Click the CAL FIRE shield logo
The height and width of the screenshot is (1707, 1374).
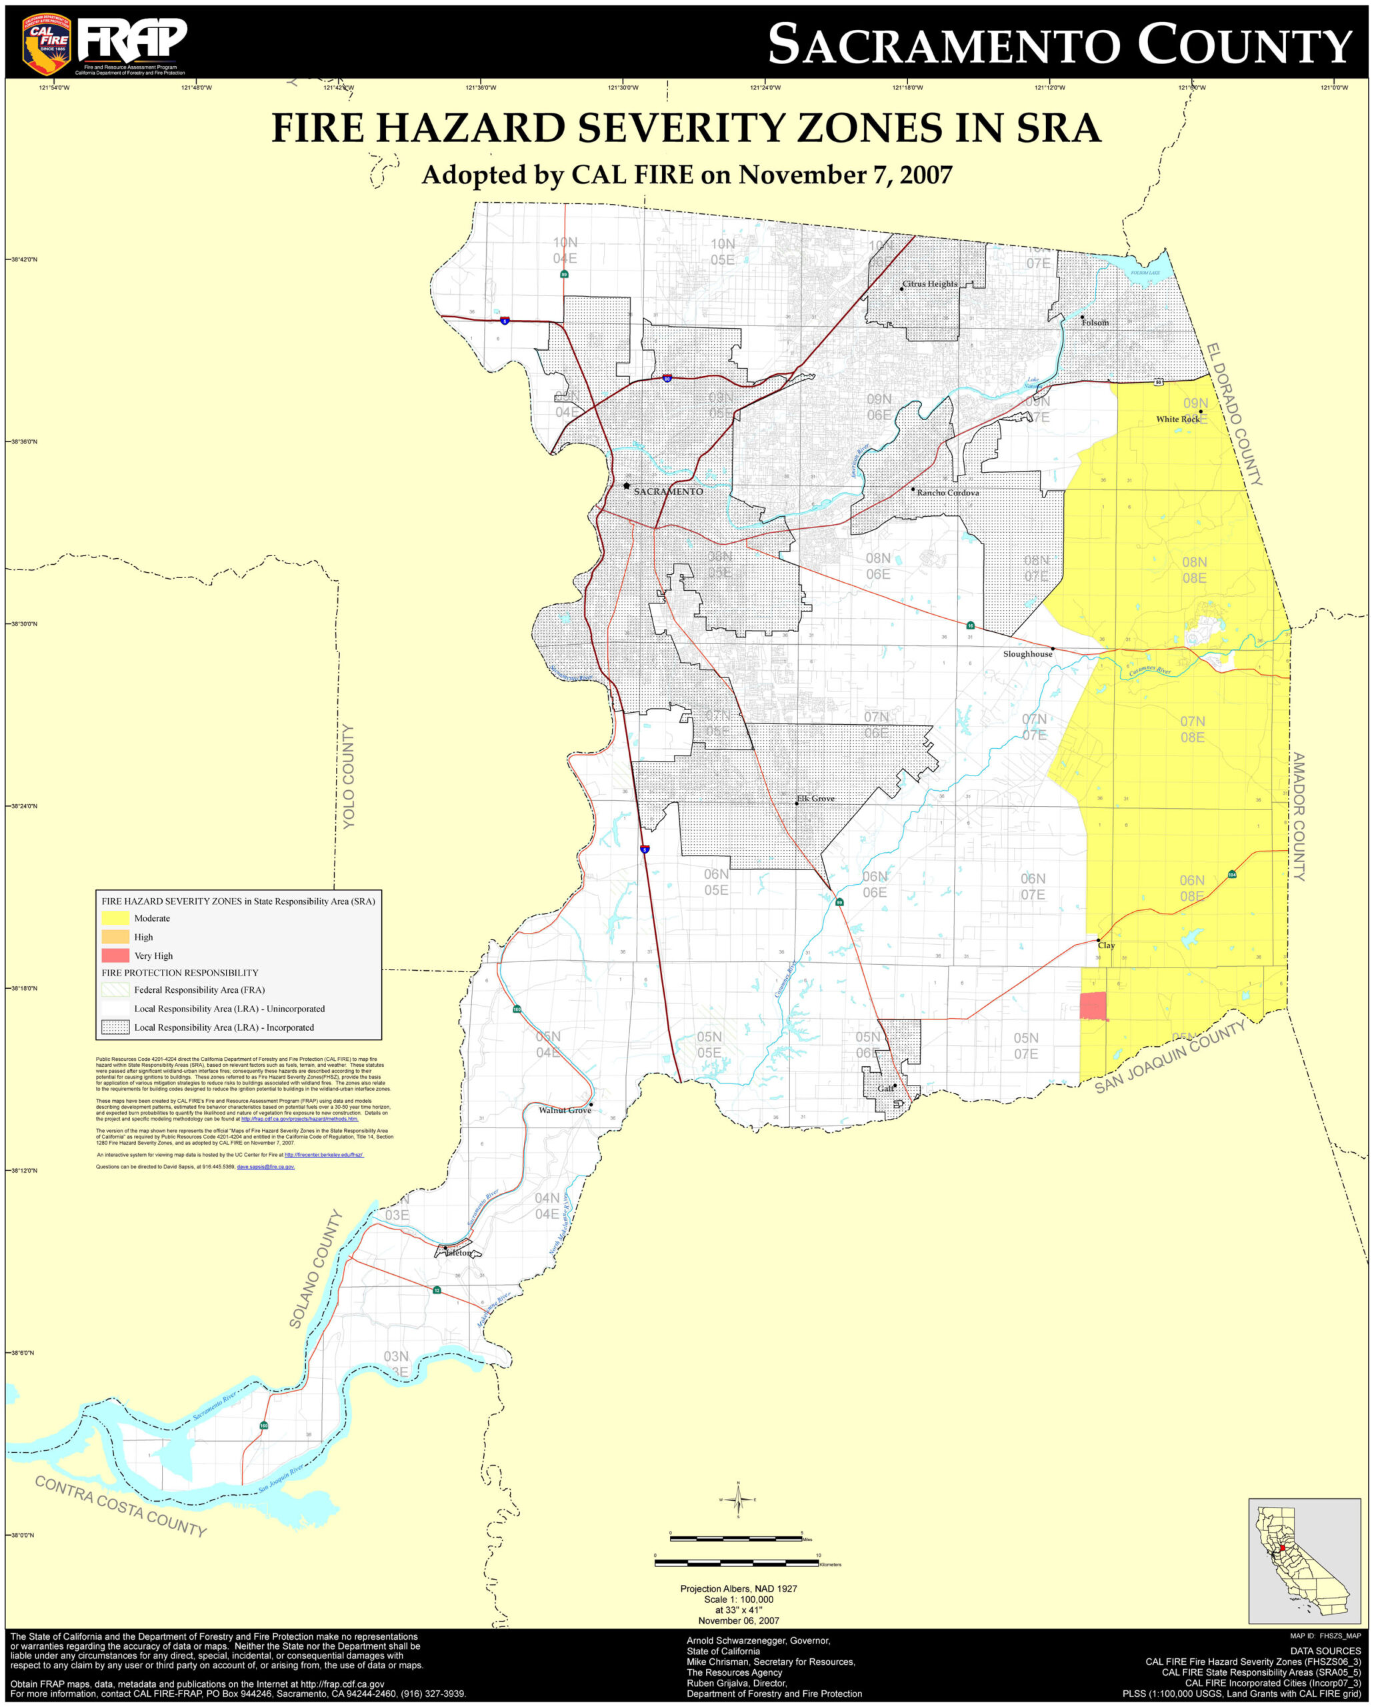pos(47,43)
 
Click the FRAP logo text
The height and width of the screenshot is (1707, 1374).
pos(133,39)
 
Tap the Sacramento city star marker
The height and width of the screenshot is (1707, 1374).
pos(626,485)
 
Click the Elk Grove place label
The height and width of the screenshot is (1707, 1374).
pos(816,798)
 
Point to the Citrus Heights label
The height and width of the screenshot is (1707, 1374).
pos(930,283)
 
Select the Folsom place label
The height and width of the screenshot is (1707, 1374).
pos(1095,322)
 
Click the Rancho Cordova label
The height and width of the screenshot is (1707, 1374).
pos(947,493)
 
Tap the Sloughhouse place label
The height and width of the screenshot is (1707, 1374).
pos(1027,653)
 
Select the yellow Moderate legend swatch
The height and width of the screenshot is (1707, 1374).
pos(115,918)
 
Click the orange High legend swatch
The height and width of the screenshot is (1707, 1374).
pos(115,937)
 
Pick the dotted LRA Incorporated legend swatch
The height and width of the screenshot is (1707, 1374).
pos(115,1027)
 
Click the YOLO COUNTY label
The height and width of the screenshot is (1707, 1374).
pos(348,776)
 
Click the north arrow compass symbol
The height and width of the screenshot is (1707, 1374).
pos(737,1499)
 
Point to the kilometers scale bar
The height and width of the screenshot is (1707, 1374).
pos(736,1563)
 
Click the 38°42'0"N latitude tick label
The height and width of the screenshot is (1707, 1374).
pos(24,259)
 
